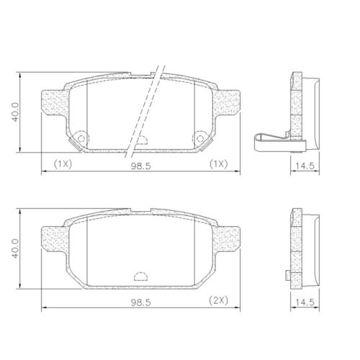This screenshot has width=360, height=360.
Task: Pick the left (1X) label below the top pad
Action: point(62,164)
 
